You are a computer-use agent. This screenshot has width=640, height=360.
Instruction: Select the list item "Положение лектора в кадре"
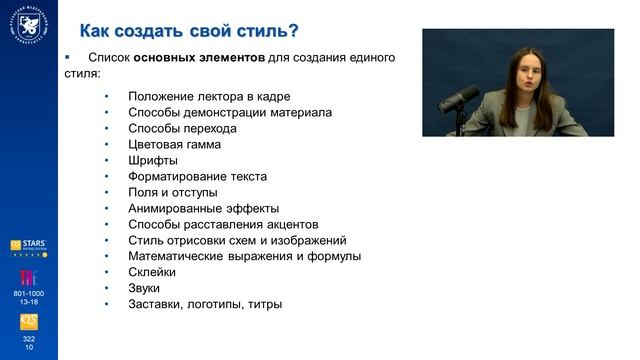click(207, 96)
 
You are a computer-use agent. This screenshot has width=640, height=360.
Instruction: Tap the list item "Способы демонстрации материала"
click(230, 112)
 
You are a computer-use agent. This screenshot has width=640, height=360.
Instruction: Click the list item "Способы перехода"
click(182, 128)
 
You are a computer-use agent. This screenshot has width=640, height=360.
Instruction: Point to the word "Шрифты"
click(153, 160)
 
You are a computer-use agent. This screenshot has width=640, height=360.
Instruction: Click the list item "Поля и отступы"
click(176, 192)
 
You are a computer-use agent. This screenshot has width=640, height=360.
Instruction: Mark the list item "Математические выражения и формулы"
click(245, 256)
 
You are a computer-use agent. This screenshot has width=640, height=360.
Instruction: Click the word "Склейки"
click(152, 272)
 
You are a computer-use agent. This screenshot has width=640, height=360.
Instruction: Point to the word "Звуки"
click(144, 288)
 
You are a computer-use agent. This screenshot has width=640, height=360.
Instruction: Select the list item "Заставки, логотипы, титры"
click(205, 304)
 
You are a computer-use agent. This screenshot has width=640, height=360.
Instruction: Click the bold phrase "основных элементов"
click(200, 57)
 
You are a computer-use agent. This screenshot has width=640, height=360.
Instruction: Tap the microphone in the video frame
click(461, 100)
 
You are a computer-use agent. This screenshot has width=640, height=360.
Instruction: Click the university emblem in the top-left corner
click(28, 24)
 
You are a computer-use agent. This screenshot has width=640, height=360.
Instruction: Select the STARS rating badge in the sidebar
click(28, 247)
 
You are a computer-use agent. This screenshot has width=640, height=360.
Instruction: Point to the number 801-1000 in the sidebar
click(28, 292)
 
